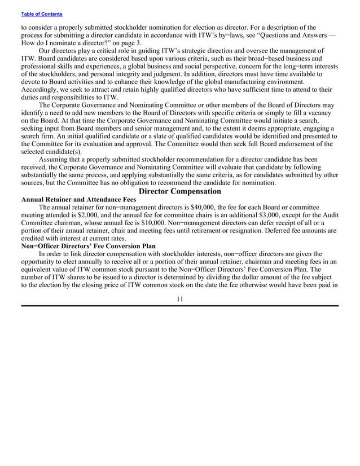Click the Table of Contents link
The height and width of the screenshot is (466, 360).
tap(42, 14)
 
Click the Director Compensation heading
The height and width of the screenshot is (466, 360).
tap(179, 191)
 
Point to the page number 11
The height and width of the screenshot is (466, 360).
tap(179, 298)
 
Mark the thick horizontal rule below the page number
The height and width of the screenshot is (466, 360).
tap(179, 306)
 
